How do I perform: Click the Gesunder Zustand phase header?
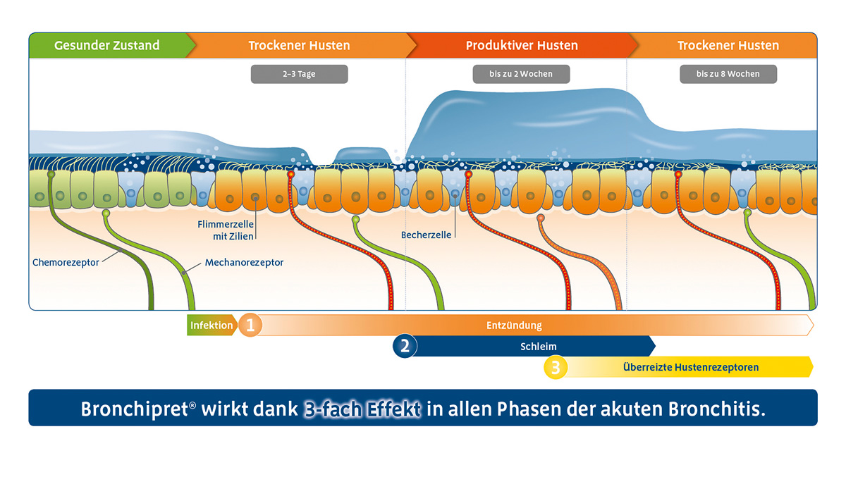(x=107, y=46)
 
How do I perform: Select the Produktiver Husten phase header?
(x=522, y=46)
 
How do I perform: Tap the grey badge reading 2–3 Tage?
(x=299, y=74)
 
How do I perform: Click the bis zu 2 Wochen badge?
(x=521, y=74)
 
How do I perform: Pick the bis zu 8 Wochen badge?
(x=728, y=74)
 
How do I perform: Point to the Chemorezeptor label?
(x=66, y=263)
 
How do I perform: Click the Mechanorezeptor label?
(x=244, y=263)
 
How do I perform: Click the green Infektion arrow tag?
(x=211, y=325)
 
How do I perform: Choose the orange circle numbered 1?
(x=250, y=325)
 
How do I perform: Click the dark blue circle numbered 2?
(x=405, y=347)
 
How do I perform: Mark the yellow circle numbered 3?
(x=556, y=367)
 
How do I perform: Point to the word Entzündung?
(x=514, y=325)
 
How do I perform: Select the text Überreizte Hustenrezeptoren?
(x=691, y=367)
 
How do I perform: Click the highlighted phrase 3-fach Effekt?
(x=362, y=409)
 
